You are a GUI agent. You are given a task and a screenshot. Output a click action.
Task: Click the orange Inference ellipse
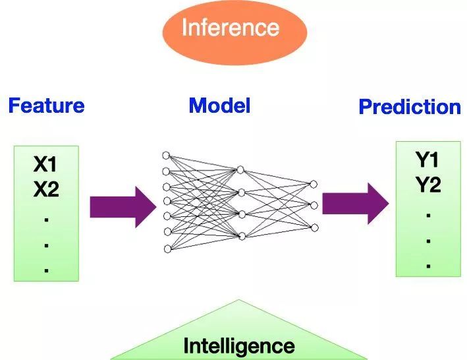click(x=234, y=28)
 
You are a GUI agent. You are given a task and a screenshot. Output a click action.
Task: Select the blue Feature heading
click(x=46, y=105)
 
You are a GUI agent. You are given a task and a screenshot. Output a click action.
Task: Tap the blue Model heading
click(x=219, y=105)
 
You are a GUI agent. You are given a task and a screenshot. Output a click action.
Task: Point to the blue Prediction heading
click(x=410, y=107)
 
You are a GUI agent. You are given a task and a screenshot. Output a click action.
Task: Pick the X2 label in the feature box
click(x=46, y=191)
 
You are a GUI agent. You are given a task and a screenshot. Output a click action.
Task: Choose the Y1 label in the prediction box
click(x=427, y=160)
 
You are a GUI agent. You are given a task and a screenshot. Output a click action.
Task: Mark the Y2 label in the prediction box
click(x=427, y=186)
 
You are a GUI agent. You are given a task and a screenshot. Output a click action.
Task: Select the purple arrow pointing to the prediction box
click(x=355, y=204)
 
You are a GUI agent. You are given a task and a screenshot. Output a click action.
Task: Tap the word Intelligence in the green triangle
click(x=238, y=345)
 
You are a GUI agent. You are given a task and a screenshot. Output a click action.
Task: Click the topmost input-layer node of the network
click(x=166, y=156)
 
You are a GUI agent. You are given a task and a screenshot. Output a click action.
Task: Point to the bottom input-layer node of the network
click(x=166, y=249)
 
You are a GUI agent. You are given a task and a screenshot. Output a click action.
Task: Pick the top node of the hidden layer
click(x=241, y=169)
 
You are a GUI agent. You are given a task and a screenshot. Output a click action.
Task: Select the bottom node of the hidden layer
click(x=241, y=235)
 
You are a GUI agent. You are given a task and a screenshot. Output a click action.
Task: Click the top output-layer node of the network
click(x=314, y=184)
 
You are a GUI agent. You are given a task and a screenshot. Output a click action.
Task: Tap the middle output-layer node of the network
click(x=314, y=206)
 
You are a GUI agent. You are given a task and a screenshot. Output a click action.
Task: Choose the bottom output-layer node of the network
click(x=314, y=227)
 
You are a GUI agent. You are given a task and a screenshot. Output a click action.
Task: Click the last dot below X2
click(x=46, y=270)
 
